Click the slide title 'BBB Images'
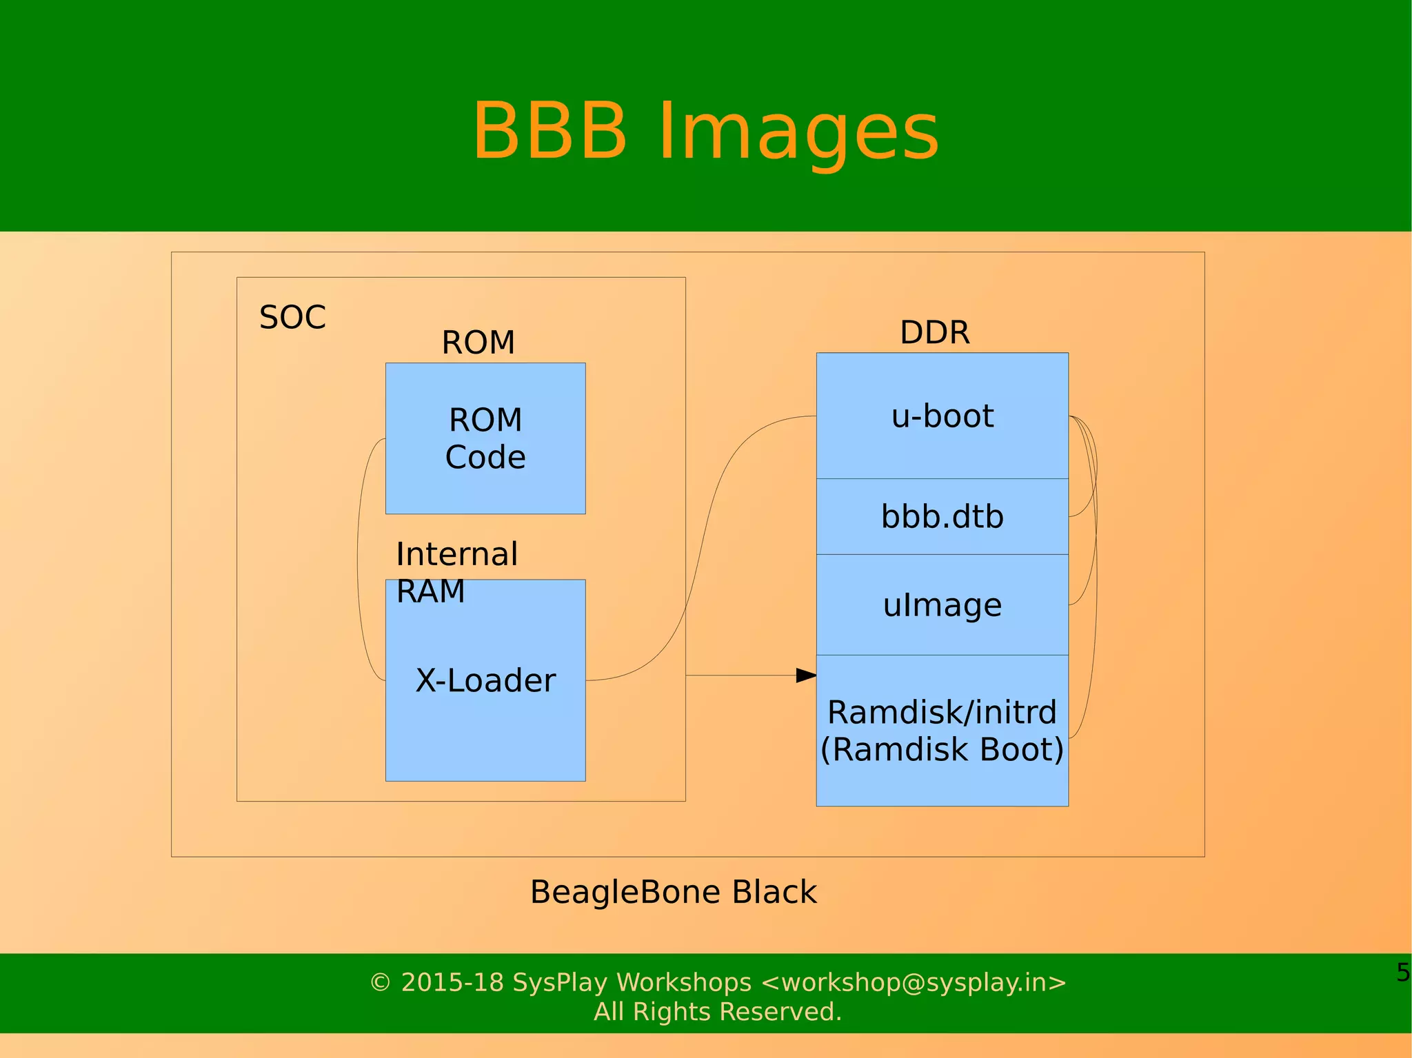coord(705,131)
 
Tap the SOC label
coord(292,318)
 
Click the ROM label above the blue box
coord(478,343)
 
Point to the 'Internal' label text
coord(456,554)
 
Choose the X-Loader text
coord(485,681)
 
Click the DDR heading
coord(934,333)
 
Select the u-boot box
coord(942,416)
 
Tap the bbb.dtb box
coord(942,516)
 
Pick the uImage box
coord(942,604)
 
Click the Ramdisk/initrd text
coord(942,712)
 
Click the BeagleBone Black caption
coord(673,892)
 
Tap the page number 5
coord(1402,973)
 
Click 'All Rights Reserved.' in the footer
coord(718,1012)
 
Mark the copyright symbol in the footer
coord(380,982)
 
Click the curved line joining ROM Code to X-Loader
coord(358,558)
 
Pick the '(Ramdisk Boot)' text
coord(942,750)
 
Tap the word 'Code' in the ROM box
coord(485,458)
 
